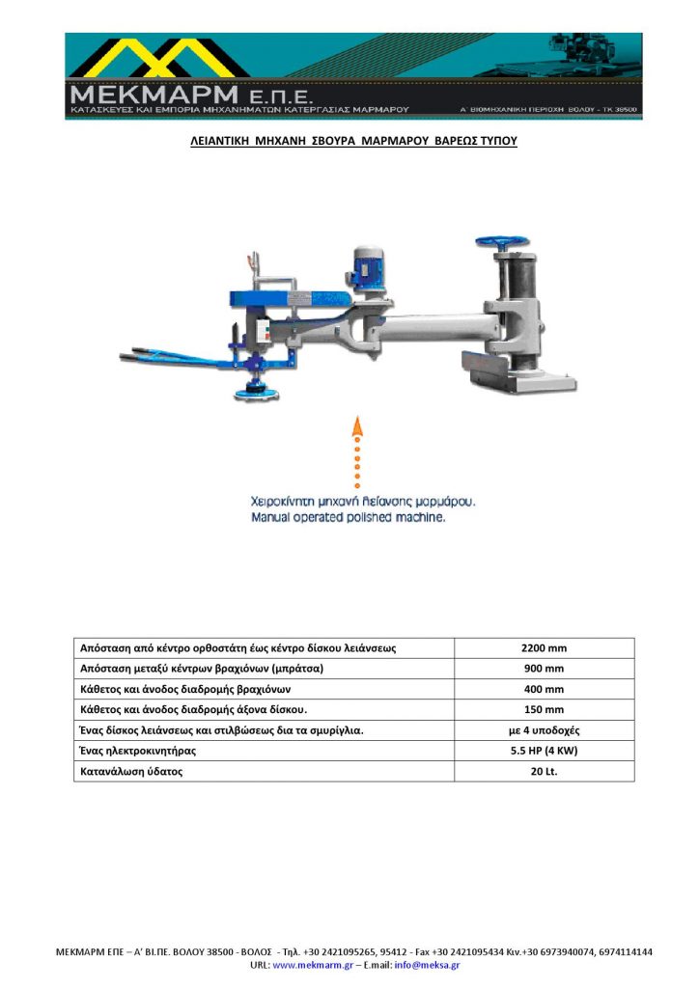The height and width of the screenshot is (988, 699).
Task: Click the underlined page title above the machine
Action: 352,141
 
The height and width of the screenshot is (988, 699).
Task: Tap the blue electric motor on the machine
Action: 366,264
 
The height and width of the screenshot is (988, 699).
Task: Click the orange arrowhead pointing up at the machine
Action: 357,427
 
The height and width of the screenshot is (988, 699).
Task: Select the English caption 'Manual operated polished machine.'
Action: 348,517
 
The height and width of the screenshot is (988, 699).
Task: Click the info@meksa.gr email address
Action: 427,965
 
